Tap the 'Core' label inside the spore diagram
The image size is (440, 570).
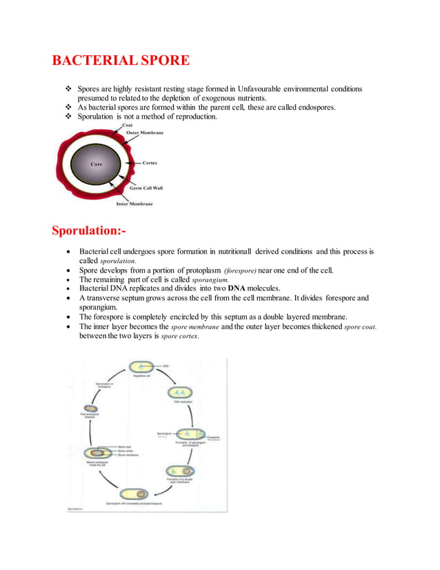coord(97,164)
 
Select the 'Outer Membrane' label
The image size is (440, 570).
coord(143,132)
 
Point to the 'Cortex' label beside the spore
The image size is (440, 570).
coord(150,163)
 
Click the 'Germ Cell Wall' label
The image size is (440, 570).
coord(146,188)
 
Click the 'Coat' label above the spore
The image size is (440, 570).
coord(128,125)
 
